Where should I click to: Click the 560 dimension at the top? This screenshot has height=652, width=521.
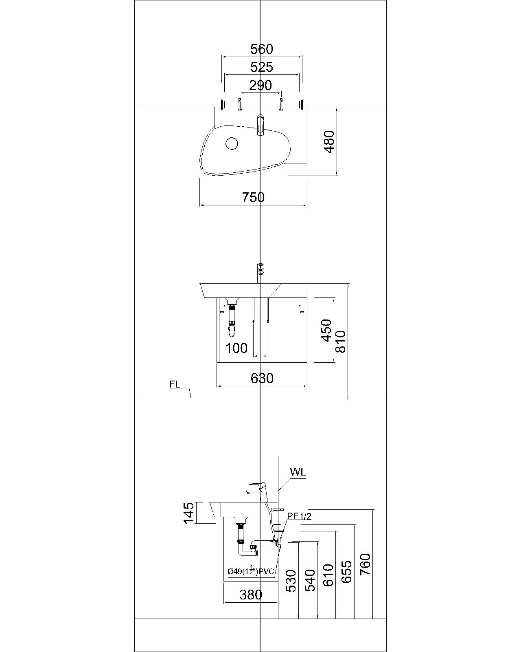point(261,49)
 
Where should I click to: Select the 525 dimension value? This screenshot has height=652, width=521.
point(261,67)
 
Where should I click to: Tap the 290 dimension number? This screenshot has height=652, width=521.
point(260,86)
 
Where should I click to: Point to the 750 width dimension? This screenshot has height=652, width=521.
point(253,198)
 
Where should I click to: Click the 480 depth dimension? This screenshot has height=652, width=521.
point(329,141)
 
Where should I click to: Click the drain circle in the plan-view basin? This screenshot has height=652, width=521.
point(232,143)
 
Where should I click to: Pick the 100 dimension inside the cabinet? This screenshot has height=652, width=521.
point(236,348)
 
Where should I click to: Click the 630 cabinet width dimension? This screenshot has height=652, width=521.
point(262,379)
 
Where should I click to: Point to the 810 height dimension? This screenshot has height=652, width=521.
point(340,341)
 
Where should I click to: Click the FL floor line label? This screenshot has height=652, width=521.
point(175,384)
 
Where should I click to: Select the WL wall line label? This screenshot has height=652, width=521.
point(298,472)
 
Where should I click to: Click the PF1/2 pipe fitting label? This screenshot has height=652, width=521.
point(299,516)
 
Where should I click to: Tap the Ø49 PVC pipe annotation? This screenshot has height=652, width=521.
point(251,571)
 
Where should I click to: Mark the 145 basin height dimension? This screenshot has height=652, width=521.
point(188,513)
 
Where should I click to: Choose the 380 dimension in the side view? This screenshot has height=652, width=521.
point(251,595)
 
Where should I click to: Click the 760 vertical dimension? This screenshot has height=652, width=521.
point(366,564)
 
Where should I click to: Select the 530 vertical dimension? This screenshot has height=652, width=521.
point(291,581)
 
